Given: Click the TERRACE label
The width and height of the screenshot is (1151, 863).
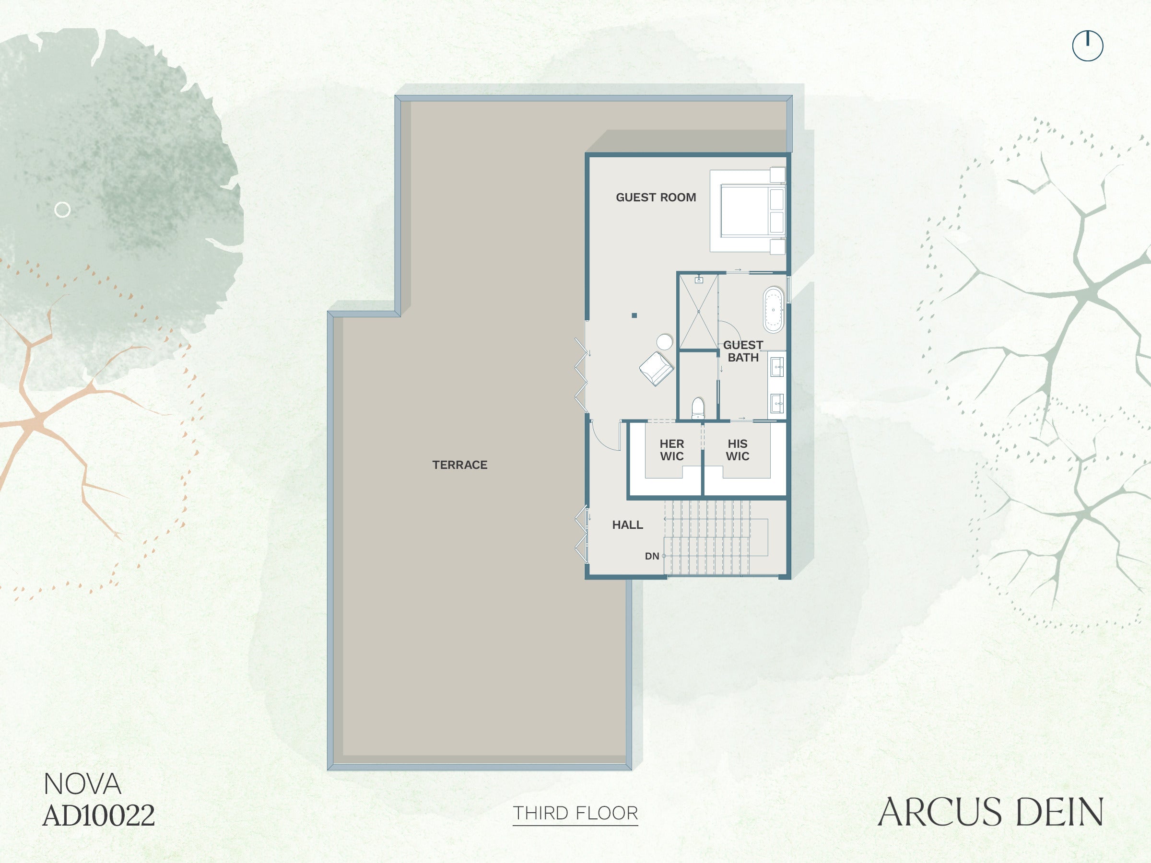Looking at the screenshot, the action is pyautogui.click(x=459, y=465).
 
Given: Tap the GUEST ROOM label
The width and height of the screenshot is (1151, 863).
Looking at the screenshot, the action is pyautogui.click(x=656, y=197).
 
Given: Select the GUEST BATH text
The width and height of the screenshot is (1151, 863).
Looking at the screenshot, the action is pyautogui.click(x=743, y=351).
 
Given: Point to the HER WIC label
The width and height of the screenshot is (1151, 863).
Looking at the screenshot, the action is pyautogui.click(x=672, y=450).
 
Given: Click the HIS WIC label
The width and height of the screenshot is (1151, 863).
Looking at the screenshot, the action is pyautogui.click(x=737, y=450).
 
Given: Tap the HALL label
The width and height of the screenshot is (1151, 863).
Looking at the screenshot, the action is pyautogui.click(x=627, y=525).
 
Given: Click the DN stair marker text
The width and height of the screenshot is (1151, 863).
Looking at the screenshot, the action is pyautogui.click(x=652, y=556).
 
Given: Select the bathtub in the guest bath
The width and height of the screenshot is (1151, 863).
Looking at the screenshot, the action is pyautogui.click(x=773, y=310).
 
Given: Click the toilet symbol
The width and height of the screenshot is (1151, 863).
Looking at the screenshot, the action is pyautogui.click(x=698, y=408).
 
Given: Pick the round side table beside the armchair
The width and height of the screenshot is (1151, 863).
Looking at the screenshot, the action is pyautogui.click(x=665, y=342).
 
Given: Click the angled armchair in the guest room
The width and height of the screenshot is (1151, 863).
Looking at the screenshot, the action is pyautogui.click(x=657, y=369).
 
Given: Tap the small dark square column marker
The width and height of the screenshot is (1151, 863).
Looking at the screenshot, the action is pyautogui.click(x=634, y=315).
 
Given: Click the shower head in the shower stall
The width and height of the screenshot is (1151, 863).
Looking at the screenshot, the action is pyautogui.click(x=699, y=280).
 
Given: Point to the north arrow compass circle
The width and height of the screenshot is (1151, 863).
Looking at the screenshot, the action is pyautogui.click(x=1088, y=46).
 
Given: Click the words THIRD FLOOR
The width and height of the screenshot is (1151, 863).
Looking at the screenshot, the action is pyautogui.click(x=575, y=813).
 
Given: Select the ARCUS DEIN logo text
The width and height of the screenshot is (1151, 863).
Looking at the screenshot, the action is pyautogui.click(x=991, y=812).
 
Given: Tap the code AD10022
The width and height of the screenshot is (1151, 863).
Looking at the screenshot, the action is pyautogui.click(x=99, y=815).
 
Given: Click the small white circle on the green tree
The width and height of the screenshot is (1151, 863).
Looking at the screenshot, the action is pyautogui.click(x=62, y=210).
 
